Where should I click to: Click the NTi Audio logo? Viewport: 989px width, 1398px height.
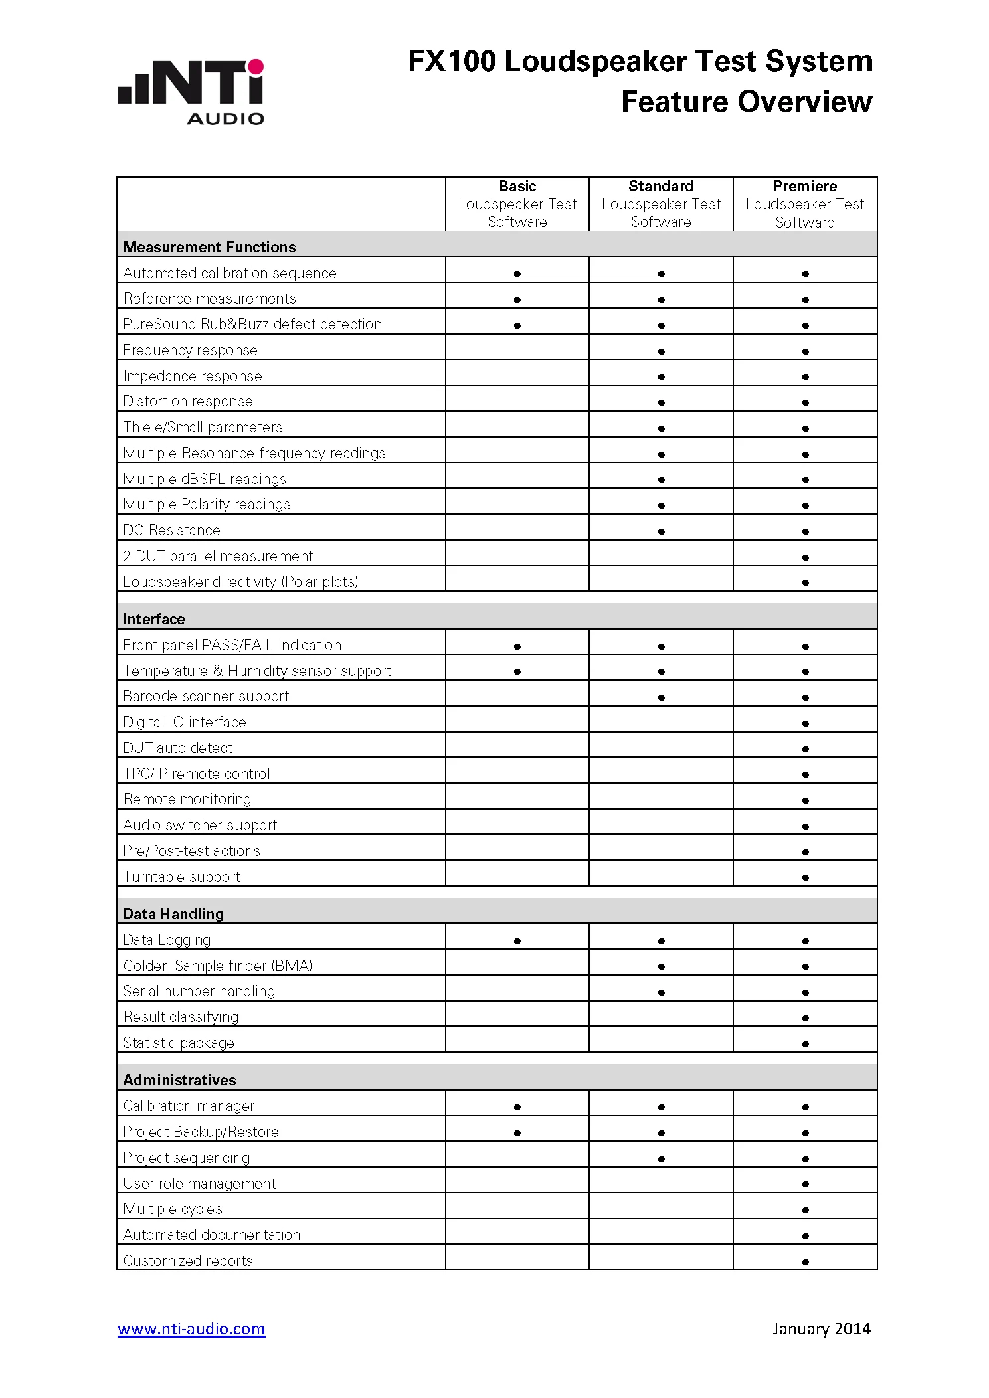pyautogui.click(x=191, y=92)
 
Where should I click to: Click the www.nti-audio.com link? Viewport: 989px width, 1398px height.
pyautogui.click(x=191, y=1328)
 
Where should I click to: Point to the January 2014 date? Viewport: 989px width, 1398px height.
pyautogui.click(x=821, y=1328)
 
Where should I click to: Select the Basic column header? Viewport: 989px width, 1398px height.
pyautogui.click(x=517, y=204)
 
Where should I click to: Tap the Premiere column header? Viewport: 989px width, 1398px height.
pyautogui.click(x=805, y=204)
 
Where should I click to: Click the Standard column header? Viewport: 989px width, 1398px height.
pyautogui.click(x=661, y=204)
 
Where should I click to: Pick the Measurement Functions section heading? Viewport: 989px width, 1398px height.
pyautogui.click(x=209, y=247)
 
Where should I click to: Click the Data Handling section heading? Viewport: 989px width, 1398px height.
pyautogui.click(x=173, y=914)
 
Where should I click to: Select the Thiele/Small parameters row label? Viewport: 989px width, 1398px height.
pyautogui.click(x=203, y=427)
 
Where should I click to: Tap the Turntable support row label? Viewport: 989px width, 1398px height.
pyautogui.click(x=181, y=877)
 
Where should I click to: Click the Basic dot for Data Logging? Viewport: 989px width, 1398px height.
pyautogui.click(x=517, y=941)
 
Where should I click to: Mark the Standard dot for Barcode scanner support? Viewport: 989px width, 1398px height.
pyautogui.click(x=662, y=697)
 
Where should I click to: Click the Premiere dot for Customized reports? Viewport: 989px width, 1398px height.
pyautogui.click(x=806, y=1262)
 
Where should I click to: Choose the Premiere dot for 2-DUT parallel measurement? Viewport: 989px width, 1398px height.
pyautogui.click(x=806, y=557)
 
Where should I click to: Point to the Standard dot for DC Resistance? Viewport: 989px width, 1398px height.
pyautogui.click(x=662, y=531)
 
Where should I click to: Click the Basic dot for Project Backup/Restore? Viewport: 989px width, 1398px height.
pyautogui.click(x=517, y=1133)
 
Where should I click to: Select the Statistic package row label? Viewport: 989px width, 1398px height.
pyautogui.click(x=179, y=1043)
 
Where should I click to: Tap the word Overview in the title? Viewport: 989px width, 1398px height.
pyautogui.click(x=805, y=102)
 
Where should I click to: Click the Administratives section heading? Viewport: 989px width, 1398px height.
pyautogui.click(x=179, y=1080)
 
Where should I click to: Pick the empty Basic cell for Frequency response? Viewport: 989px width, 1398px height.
pyautogui.click(x=517, y=347)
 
